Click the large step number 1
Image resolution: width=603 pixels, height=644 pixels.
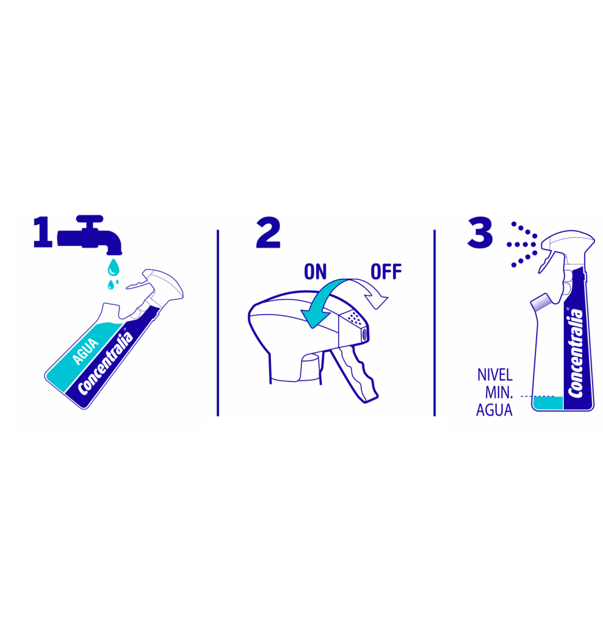43,232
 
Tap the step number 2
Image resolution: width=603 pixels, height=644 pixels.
268,233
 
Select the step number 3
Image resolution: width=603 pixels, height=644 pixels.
480,233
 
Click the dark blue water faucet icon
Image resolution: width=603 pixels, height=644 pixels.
90,235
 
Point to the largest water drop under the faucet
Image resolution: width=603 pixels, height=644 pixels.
113,267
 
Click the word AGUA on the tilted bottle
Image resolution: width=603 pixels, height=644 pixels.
85,352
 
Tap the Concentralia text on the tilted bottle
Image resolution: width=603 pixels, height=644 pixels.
106,363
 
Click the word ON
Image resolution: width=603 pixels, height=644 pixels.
315,272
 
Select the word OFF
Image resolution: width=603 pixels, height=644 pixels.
386,272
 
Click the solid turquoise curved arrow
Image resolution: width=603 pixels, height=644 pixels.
325,298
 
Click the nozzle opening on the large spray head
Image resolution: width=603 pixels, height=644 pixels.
364,334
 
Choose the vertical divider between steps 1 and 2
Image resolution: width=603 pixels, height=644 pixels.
218,323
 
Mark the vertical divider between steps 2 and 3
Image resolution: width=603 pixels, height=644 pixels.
435,323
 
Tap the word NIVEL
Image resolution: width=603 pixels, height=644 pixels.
495,375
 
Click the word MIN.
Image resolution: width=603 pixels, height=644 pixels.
499,393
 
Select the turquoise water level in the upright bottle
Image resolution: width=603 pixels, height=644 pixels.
548,403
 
